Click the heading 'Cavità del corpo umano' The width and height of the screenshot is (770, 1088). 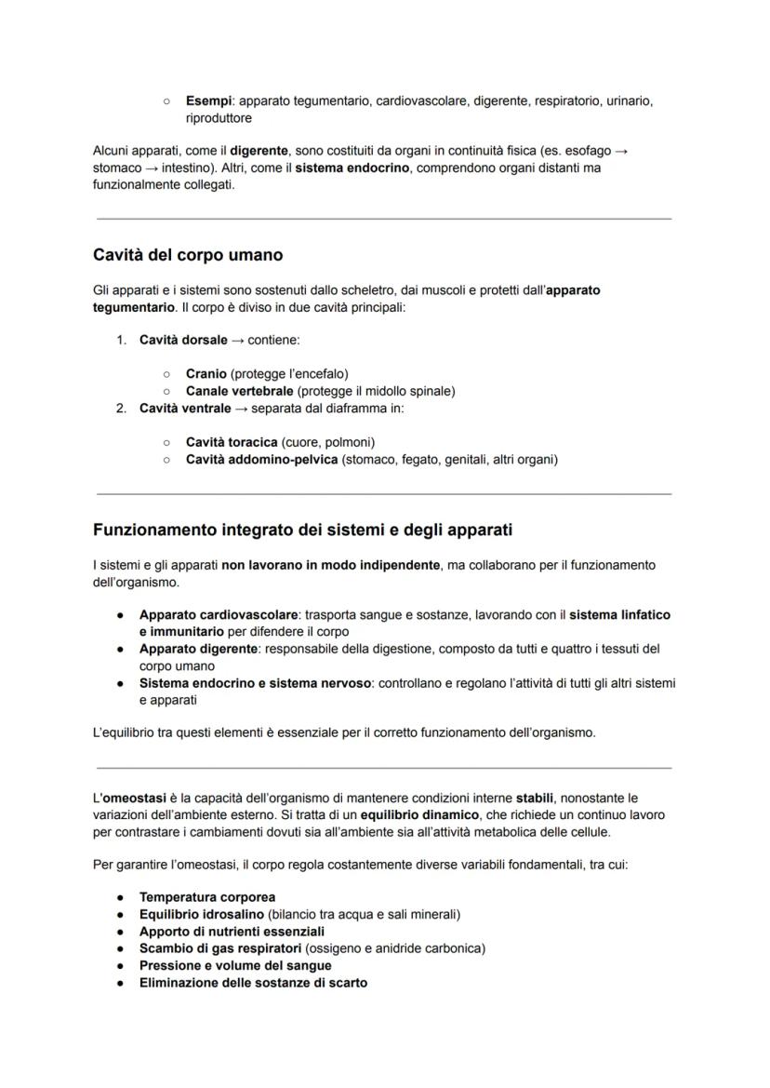[188, 254]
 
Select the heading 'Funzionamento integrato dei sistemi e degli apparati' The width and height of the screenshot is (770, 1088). [302, 530]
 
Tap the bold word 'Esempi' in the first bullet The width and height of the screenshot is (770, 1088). [206, 101]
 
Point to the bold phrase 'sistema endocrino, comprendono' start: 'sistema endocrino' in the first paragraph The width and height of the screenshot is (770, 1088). [349, 168]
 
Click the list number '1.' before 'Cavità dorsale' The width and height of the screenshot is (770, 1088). [122, 341]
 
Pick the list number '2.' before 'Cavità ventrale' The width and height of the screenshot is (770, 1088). [122, 408]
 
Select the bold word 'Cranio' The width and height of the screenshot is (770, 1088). [206, 374]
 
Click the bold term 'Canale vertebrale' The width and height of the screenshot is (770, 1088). [239, 391]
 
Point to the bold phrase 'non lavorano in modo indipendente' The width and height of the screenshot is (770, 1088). [331, 565]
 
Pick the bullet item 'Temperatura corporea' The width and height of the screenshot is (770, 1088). [207, 897]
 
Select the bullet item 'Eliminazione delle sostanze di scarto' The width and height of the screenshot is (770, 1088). [253, 982]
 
